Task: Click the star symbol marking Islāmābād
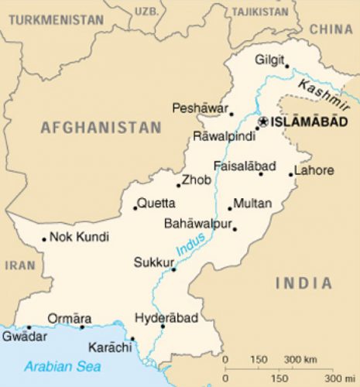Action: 263,122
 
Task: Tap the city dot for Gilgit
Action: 286,66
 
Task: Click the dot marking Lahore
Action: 292,174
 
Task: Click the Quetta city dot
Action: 135,207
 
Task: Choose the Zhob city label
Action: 193,182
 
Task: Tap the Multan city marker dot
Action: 230,207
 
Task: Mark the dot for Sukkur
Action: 173,269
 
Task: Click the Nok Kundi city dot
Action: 44,238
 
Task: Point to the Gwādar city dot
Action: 29,327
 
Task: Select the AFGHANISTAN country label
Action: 101,128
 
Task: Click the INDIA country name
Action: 303,283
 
